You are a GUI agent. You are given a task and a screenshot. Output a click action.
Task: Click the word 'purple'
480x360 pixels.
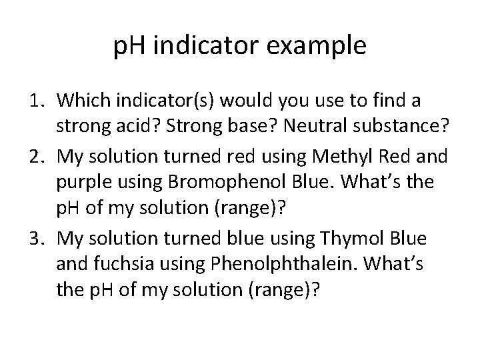tap(81, 183)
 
